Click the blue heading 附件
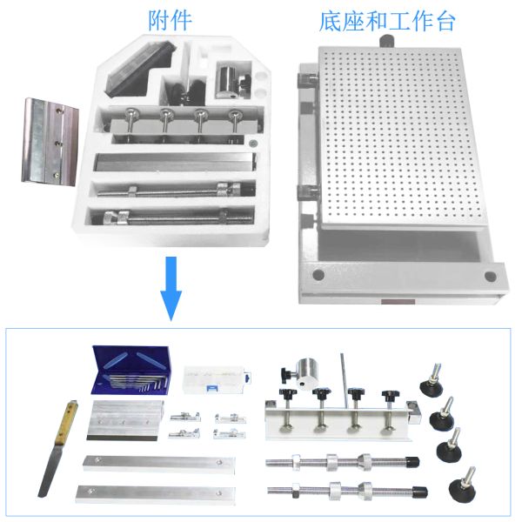tap(170, 21)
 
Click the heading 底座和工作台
tap(387, 22)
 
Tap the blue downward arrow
tap(171, 288)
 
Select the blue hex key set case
tap(130, 371)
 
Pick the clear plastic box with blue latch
tap(217, 380)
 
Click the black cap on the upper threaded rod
tap(412, 462)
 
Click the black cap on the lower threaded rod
tap(420, 492)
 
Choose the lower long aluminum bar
tap(156, 494)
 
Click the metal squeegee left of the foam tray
tap(50, 142)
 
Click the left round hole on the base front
tap(318, 275)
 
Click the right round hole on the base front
tap(490, 277)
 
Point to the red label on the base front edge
tap(398, 302)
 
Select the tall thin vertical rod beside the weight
tap(345, 380)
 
